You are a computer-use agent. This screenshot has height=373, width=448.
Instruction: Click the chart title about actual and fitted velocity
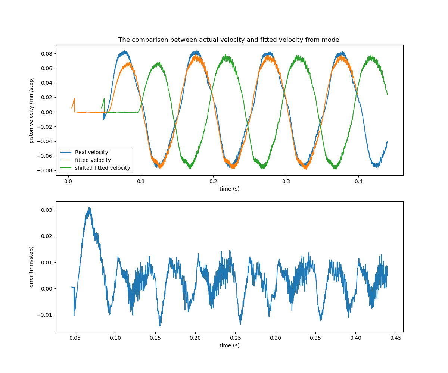[229, 40]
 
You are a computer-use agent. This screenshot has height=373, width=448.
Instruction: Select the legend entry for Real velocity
[91, 152]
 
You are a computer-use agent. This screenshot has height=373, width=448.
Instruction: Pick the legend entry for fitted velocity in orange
[93, 160]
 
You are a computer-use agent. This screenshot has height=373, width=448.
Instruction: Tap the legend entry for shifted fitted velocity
[102, 168]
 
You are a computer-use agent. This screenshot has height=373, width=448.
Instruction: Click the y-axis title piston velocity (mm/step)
[32, 110]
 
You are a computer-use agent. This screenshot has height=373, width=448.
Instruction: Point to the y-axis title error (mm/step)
[32, 267]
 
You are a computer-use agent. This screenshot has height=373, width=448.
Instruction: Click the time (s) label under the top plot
[229, 189]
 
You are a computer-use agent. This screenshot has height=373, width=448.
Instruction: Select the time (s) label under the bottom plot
[229, 345]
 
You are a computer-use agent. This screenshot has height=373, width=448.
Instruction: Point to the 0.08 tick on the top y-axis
[47, 53]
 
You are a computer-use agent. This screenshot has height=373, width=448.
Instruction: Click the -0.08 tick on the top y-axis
[46, 170]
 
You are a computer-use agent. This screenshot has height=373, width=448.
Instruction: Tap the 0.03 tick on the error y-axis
[47, 210]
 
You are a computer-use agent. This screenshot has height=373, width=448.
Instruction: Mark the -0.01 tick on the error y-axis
[46, 315]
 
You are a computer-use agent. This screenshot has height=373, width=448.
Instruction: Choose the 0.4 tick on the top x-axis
[358, 181]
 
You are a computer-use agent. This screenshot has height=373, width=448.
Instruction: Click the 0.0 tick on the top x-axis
[68, 181]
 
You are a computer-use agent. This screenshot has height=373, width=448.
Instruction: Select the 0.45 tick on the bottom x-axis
[396, 338]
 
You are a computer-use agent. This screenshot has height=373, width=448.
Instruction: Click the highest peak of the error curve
[89, 208]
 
